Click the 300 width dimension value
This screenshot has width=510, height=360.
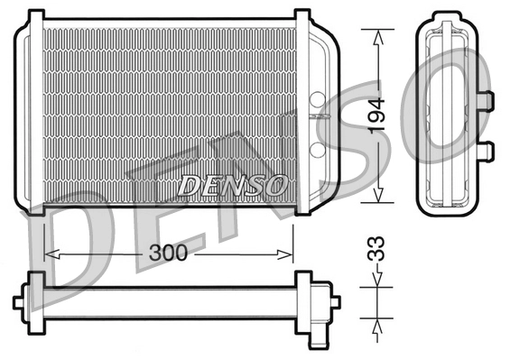[168, 254]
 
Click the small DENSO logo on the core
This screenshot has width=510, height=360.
[233, 184]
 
